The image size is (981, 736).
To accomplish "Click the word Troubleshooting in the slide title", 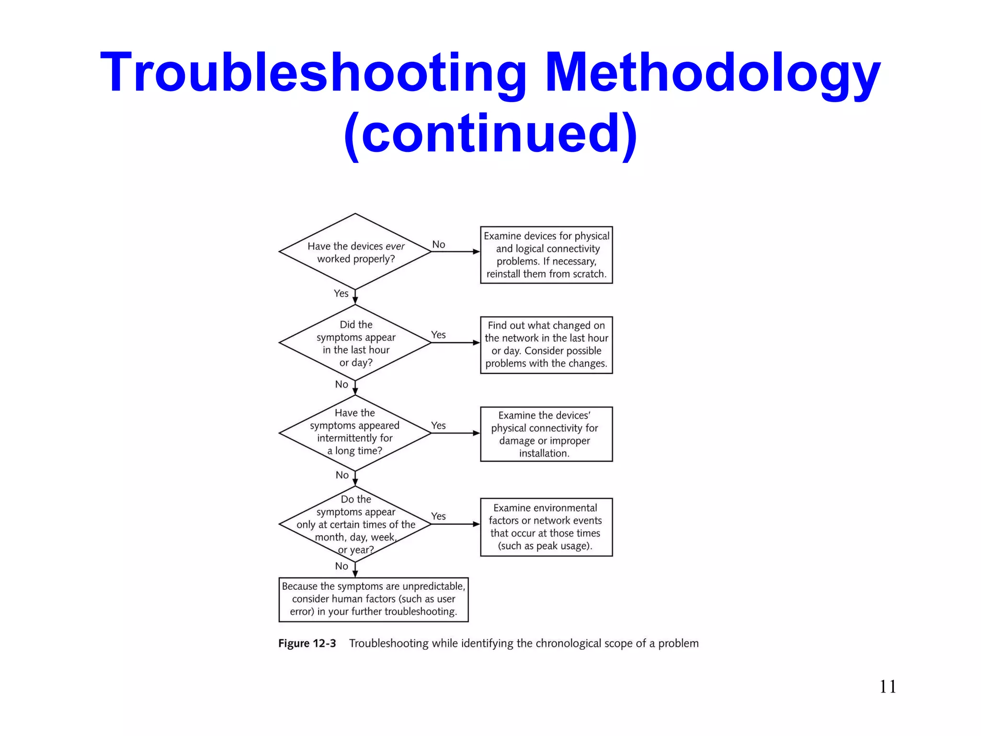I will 314,73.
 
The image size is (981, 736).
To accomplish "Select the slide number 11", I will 888,687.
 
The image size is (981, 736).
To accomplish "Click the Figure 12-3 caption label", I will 307,644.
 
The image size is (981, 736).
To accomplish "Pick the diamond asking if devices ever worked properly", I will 355,252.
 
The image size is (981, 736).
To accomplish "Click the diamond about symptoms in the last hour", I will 355,343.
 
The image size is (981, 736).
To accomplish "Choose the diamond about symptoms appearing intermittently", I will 355,433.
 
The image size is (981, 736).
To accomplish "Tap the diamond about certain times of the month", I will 355,524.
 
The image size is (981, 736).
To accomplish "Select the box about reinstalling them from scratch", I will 546,255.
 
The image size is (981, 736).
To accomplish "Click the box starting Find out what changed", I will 546,345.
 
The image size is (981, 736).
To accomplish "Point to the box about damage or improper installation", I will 546,434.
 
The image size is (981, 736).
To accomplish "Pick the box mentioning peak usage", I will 546,527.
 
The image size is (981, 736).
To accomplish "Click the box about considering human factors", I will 373,599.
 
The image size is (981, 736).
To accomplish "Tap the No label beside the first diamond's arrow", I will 438,244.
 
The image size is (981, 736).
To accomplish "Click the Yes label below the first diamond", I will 341,293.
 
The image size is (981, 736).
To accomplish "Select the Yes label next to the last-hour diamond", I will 438,334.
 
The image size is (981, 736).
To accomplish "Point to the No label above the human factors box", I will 342,566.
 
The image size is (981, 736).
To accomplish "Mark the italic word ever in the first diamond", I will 395,246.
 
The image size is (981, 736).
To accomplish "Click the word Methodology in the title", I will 713,73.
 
